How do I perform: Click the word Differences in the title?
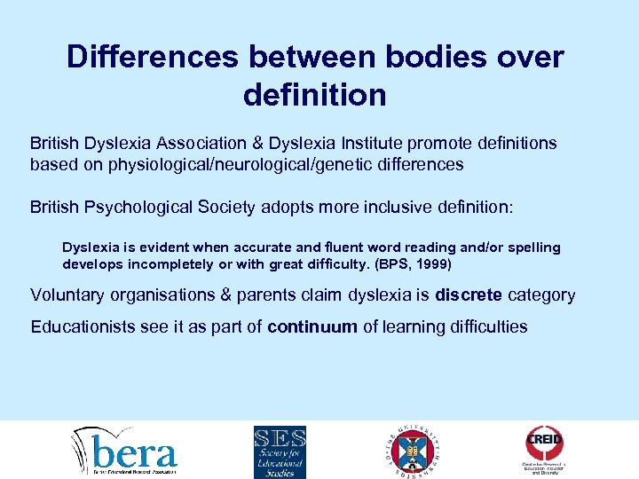(153, 58)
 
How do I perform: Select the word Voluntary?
(67, 294)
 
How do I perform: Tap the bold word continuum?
(312, 326)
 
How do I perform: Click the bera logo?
(125, 451)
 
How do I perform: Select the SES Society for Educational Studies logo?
(280, 451)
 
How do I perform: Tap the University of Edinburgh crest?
(413, 450)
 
